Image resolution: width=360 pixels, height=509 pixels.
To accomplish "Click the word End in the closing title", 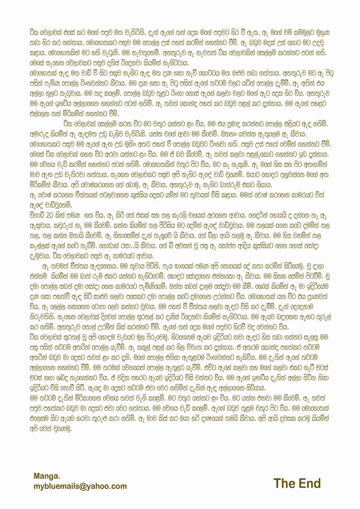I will (x=308, y=483).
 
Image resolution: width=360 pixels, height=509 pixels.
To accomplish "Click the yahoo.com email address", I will (x=80, y=486).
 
